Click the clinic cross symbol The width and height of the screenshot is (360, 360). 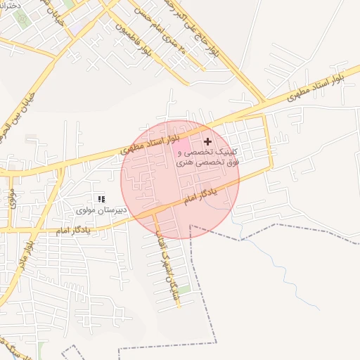[207, 141]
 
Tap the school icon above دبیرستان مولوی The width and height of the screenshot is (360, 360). [101, 200]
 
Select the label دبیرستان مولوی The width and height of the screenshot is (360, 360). [101, 210]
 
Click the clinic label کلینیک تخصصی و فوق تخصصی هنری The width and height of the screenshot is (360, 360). [207, 157]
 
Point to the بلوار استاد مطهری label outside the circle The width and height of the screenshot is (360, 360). [314, 91]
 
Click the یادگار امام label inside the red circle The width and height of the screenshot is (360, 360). [198, 193]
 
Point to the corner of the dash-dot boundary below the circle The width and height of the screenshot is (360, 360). [191, 226]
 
